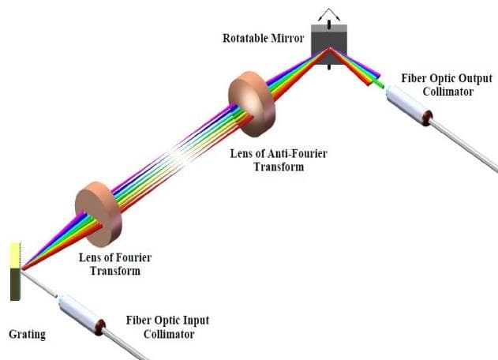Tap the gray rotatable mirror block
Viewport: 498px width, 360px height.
coord(329,41)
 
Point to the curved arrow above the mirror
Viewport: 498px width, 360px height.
coord(328,12)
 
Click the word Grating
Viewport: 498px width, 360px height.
coord(26,334)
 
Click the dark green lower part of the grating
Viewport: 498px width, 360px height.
coord(14,284)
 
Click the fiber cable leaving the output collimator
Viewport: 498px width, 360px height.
coord(466,147)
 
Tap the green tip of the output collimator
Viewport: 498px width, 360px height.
coord(380,82)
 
